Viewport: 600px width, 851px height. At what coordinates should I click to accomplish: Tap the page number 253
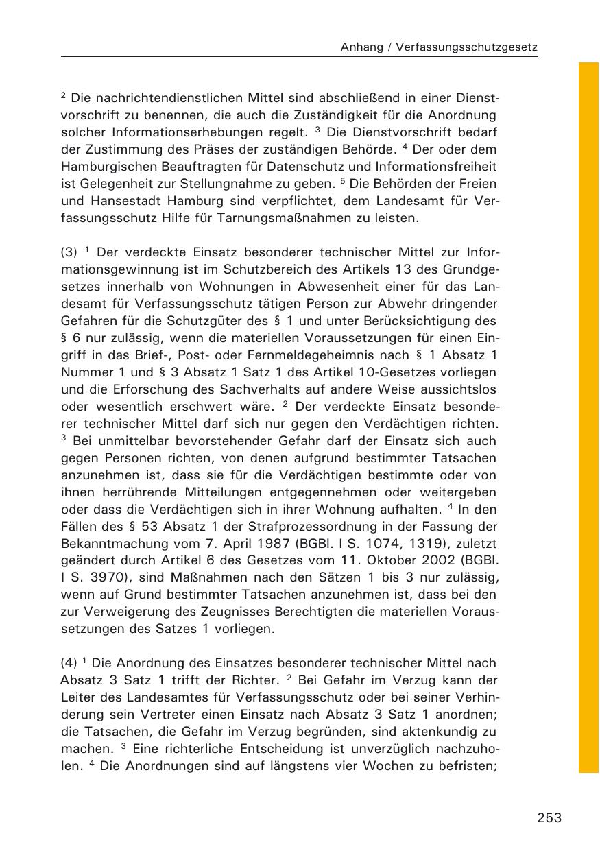[549, 817]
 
